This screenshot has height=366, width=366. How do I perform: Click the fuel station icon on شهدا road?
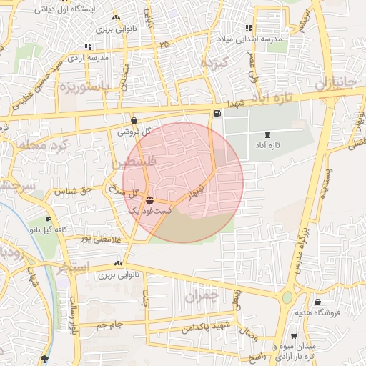pos(217,114)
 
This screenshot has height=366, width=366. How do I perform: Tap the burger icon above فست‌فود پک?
pos(149,201)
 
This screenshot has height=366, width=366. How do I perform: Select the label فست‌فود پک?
pos(149,212)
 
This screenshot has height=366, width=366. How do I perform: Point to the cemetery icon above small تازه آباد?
pos(267,135)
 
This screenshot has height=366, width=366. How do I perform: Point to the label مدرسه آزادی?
pos(89,57)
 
